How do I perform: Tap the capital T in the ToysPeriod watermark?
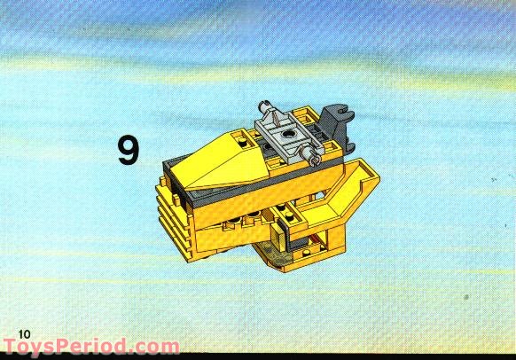(x=11, y=348)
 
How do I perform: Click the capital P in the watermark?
(x=72, y=348)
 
